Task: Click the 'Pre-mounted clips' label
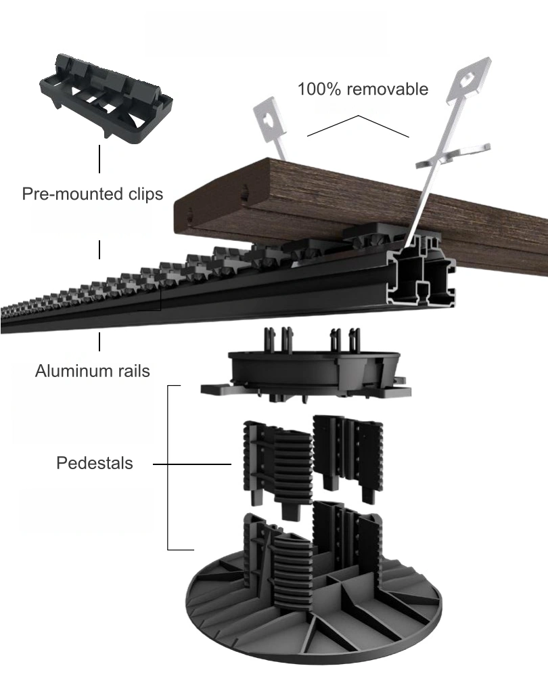(x=92, y=194)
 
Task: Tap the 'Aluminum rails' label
(x=92, y=371)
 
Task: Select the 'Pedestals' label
(x=95, y=464)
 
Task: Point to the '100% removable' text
(x=363, y=89)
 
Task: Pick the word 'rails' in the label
(x=133, y=371)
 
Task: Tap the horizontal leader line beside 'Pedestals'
(x=193, y=465)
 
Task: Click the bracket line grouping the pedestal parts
(x=168, y=467)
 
